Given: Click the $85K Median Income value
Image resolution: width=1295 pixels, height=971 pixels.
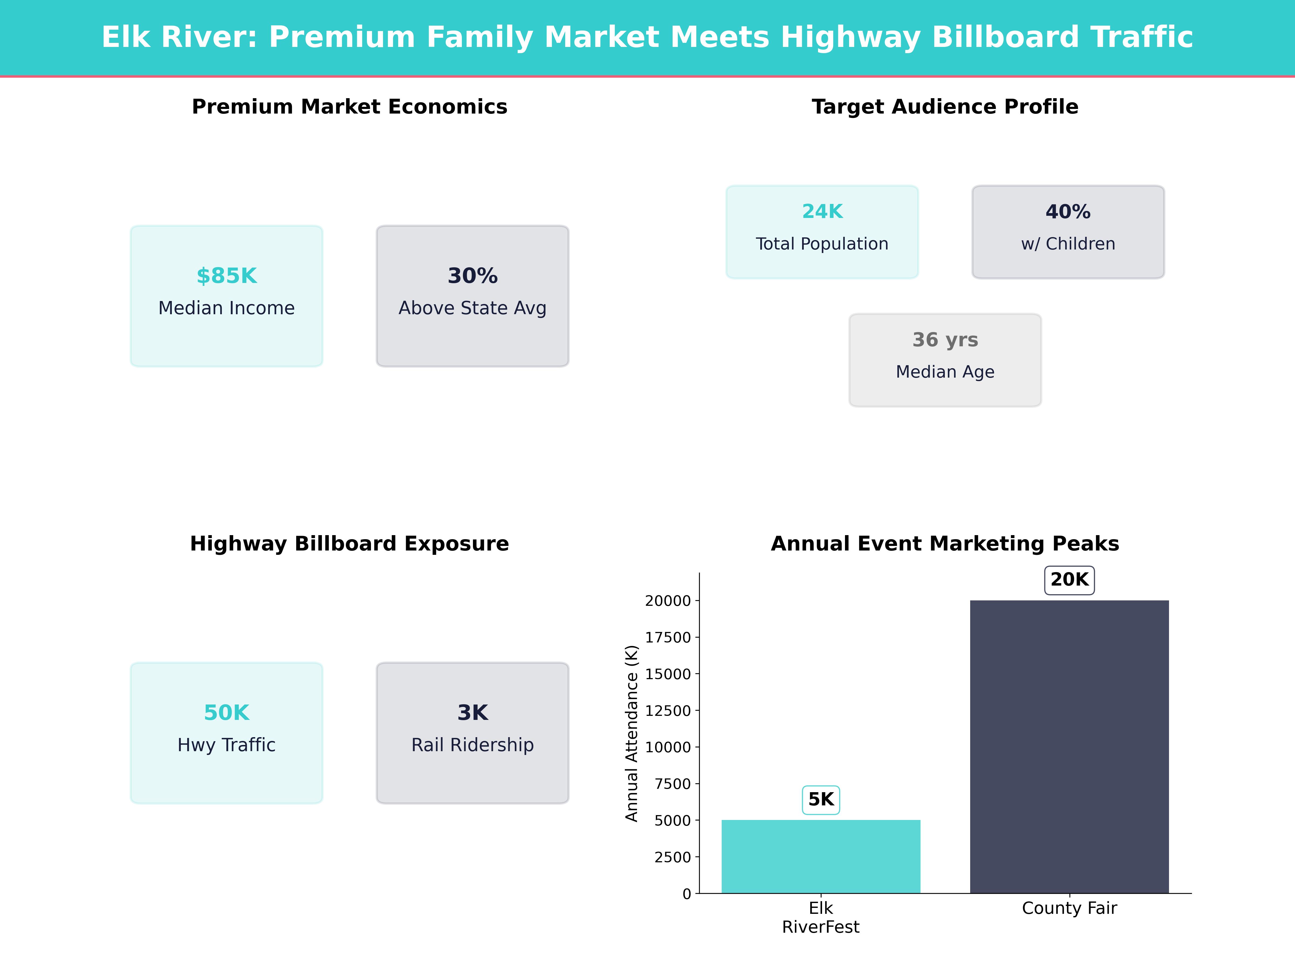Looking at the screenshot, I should coord(227,276).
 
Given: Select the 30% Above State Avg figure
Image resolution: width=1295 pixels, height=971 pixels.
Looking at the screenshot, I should coord(472,276).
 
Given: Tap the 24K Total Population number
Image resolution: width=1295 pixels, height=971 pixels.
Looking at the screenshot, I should coord(822,211).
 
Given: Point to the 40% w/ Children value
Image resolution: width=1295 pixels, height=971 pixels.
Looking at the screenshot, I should coord(1068,211).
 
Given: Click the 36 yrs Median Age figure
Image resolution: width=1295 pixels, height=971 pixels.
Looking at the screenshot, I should coord(945,340).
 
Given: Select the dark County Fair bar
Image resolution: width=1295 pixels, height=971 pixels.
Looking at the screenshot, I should coord(1069,746).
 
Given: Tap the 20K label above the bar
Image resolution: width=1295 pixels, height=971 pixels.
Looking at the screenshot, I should coord(1069,579).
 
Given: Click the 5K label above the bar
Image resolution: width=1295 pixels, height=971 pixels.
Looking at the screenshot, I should coord(821,799).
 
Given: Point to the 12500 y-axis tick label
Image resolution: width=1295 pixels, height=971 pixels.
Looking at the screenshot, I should coord(668,710).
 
